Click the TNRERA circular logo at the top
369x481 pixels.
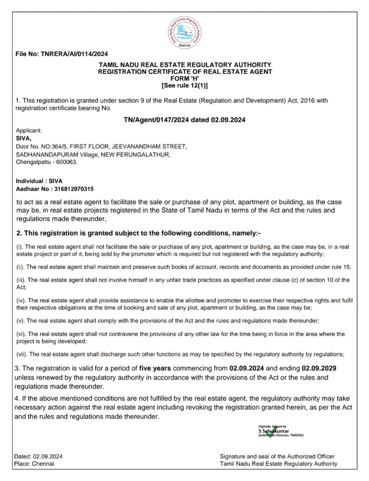pos(185,30)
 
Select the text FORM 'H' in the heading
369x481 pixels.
pos(185,77)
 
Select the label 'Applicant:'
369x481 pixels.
pos(29,131)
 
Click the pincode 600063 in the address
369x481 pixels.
pos(66,162)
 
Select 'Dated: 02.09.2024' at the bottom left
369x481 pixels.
pos(39,456)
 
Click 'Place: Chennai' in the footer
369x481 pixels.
pos(35,463)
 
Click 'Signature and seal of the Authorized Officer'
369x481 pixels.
pos(277,456)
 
